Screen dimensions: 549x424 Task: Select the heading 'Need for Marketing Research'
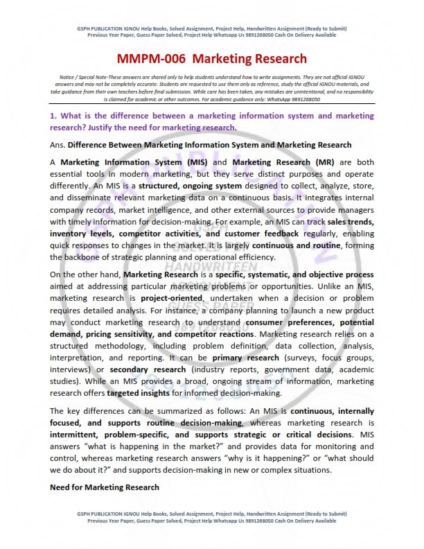pyautogui.click(x=105, y=487)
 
